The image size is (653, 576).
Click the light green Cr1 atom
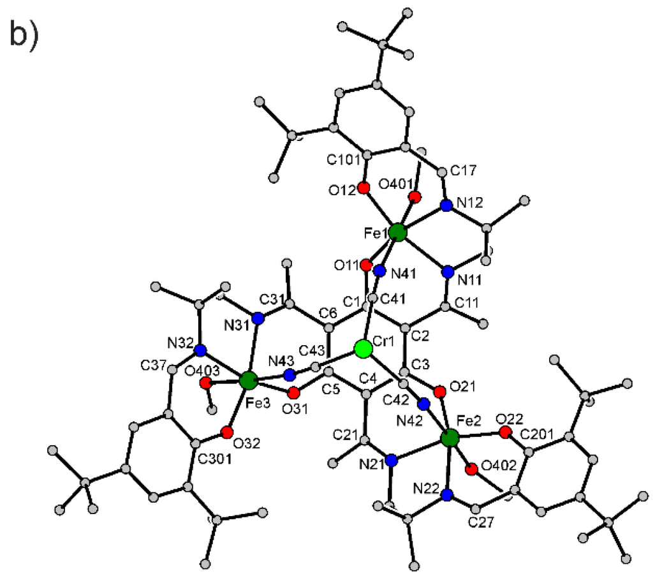[x=363, y=349]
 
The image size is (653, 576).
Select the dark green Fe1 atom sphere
[x=397, y=232]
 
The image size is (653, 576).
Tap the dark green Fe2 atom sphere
[x=450, y=438]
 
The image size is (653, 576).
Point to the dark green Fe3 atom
[x=248, y=381]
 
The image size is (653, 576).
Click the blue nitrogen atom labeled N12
[x=446, y=205]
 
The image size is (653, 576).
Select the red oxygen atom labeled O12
[x=363, y=188]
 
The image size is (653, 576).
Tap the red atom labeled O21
[x=439, y=390]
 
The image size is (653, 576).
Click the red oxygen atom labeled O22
[x=505, y=433]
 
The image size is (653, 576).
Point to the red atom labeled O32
[x=226, y=432]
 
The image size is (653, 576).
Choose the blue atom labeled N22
[x=447, y=494]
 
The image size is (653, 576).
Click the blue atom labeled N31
[x=258, y=318]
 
